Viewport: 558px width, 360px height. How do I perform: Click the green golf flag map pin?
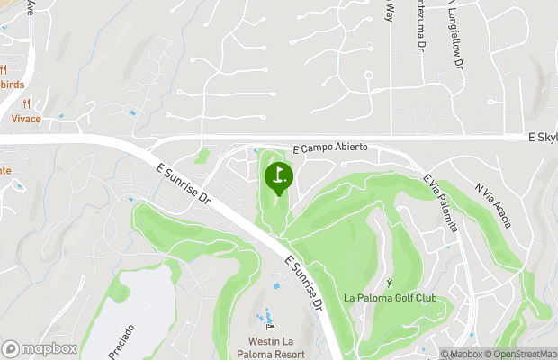pos(279,176)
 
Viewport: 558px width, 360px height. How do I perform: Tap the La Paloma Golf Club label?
pos(391,298)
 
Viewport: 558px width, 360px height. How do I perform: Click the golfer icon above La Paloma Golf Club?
pos(391,283)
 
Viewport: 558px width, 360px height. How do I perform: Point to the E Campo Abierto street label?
pos(330,149)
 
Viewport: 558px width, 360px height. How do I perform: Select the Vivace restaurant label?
pos(26,118)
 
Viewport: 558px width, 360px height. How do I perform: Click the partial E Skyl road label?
pos(542,137)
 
